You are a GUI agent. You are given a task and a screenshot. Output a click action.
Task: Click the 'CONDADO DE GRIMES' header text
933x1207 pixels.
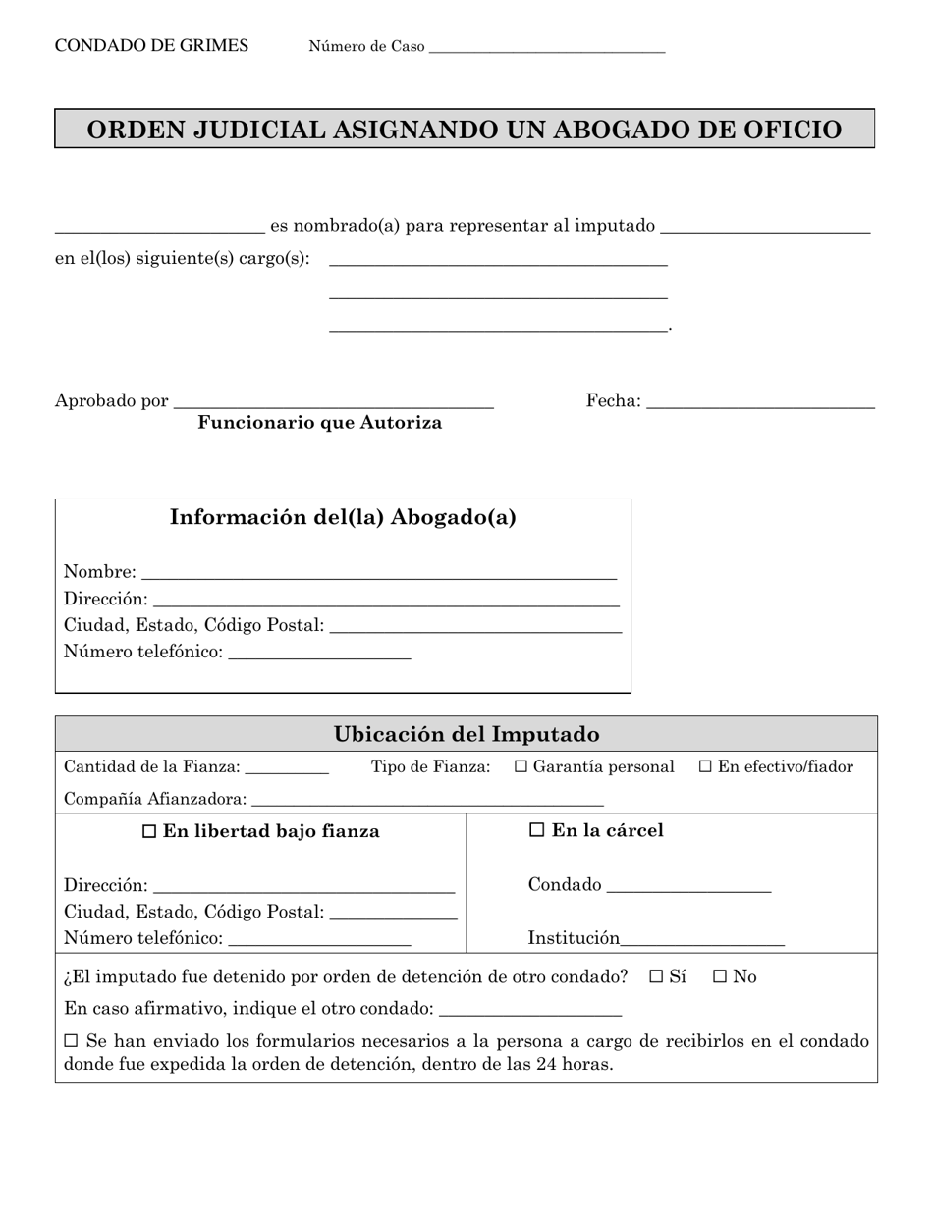pos(151,46)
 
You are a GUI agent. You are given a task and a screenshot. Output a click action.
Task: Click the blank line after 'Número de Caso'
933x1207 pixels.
pos(547,49)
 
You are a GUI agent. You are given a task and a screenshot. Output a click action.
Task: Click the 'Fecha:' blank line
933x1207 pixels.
pos(760,402)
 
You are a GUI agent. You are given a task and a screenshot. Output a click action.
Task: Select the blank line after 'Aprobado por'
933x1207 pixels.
pos(333,402)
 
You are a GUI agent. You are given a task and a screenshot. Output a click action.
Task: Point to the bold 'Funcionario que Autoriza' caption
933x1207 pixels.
pos(319,423)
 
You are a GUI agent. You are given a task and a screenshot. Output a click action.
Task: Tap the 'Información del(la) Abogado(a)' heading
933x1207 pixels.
pos(343,517)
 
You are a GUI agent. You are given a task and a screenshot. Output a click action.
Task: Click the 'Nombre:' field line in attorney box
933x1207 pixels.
pos(379,573)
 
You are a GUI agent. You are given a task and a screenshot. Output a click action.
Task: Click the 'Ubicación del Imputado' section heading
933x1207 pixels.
pos(466,734)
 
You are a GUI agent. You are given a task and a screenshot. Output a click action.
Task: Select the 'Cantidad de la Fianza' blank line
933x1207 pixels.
pos(287,769)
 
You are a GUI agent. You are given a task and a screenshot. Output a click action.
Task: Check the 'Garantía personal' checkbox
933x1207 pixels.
pos(521,766)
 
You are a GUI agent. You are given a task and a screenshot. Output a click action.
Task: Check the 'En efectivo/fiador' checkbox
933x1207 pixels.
pos(705,766)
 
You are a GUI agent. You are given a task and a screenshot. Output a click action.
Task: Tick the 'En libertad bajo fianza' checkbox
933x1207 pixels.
pos(149,831)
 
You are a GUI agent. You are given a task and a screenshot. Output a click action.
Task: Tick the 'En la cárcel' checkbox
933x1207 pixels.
pos(536,830)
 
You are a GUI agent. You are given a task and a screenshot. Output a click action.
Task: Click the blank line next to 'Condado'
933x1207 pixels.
pos(688,887)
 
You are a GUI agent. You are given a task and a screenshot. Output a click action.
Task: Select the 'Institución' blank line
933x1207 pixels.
pos(702,940)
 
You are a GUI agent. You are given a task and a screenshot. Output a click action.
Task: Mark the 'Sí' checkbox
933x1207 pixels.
pos(657,976)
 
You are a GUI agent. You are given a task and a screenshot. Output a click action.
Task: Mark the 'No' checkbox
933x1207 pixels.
pos(720,976)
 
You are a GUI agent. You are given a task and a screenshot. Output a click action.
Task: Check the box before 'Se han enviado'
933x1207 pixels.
pos(71,1040)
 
